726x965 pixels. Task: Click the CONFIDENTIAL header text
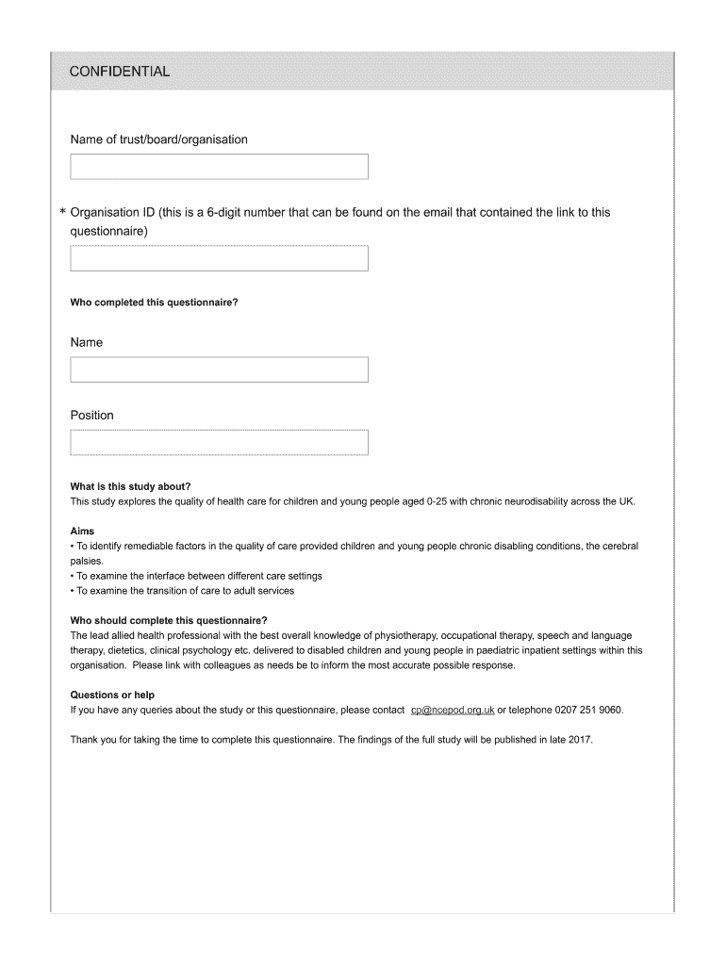(x=120, y=72)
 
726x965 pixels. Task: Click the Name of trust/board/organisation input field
(x=219, y=167)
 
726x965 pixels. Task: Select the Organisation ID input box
(x=219, y=258)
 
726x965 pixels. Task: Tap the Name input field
(x=219, y=369)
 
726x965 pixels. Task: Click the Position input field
(x=219, y=442)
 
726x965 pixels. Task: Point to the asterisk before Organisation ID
(x=62, y=214)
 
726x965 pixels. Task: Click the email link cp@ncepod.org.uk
(x=453, y=710)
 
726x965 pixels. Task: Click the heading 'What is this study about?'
(x=130, y=486)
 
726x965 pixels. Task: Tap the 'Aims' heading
(x=82, y=532)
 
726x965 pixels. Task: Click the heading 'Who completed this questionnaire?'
(x=154, y=303)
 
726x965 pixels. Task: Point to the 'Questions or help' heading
(x=112, y=695)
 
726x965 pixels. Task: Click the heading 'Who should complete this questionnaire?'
(x=169, y=620)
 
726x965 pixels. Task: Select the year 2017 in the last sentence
(x=579, y=740)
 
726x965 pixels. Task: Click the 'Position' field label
(x=91, y=416)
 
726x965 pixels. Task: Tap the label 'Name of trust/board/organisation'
(x=158, y=139)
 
